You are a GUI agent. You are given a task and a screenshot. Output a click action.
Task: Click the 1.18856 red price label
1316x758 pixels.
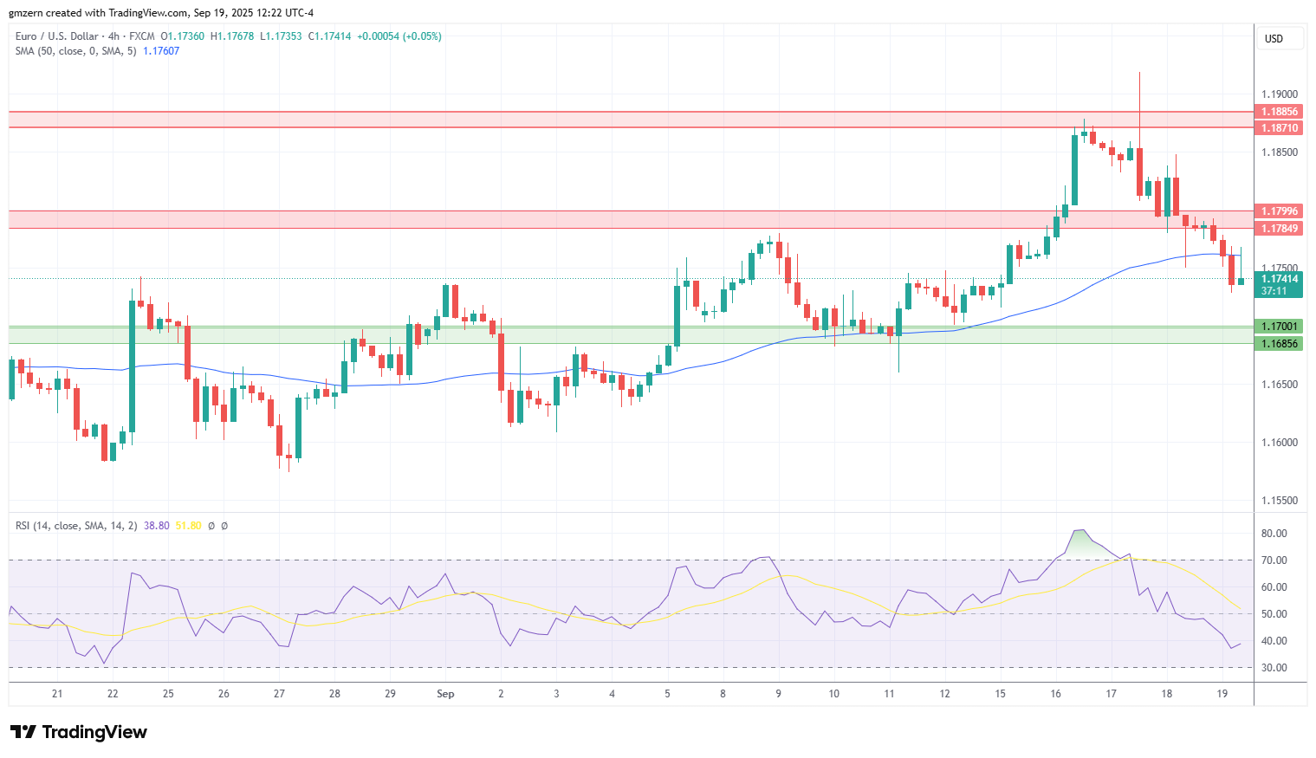1279,112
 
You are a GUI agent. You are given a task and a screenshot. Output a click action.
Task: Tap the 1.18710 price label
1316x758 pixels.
1279,128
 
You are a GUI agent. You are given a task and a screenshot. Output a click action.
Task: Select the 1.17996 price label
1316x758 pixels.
1279,211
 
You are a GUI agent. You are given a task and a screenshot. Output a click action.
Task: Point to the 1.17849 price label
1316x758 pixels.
1279,229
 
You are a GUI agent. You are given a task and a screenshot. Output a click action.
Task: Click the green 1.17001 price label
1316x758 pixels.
1279,327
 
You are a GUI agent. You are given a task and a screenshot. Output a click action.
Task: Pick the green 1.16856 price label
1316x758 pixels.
1279,344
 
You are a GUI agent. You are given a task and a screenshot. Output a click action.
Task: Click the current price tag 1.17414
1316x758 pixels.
1279,279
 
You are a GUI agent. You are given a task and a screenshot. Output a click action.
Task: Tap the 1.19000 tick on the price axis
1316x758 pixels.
1279,94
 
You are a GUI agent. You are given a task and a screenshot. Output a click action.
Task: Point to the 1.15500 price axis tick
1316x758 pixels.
1279,501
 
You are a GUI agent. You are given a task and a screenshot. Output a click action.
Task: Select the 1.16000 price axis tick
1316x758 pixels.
1279,443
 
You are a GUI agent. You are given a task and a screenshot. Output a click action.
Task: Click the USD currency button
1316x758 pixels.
1274,39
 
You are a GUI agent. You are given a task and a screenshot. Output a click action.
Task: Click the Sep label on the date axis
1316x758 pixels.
445,694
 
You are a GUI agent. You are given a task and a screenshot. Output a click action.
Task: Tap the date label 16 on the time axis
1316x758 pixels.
1055,694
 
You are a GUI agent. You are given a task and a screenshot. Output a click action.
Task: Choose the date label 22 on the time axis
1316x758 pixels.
113,694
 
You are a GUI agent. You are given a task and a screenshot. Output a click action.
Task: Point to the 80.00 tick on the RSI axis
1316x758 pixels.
1274,534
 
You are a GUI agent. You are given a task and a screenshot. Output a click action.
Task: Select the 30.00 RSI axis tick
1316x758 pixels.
1274,668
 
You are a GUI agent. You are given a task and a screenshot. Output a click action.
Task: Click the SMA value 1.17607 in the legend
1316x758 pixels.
161,51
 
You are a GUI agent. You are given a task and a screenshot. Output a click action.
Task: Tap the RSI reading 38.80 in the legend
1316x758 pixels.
156,526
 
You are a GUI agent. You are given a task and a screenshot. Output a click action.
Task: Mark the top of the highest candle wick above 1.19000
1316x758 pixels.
1139,73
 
